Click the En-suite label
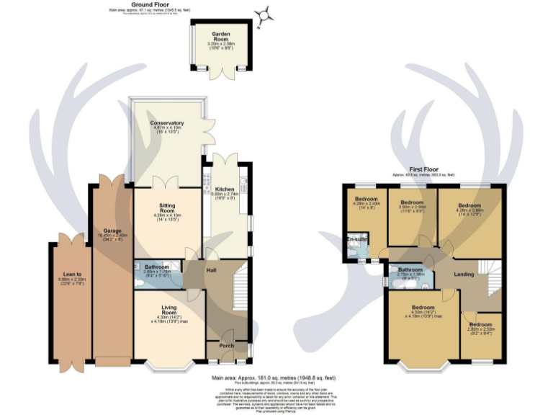point(356,238)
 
